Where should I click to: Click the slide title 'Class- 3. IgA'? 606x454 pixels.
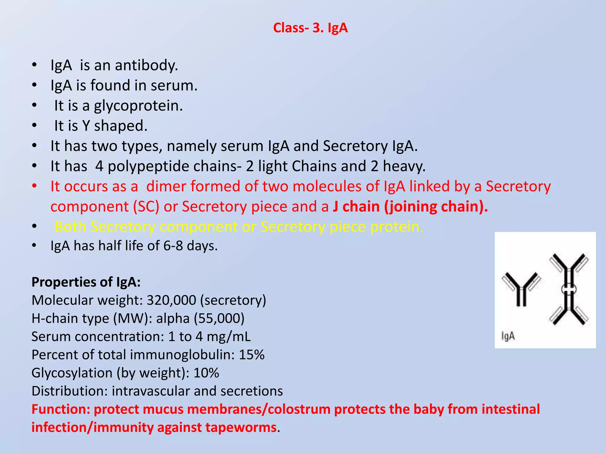310,28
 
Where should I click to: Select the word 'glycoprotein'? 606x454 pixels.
138,106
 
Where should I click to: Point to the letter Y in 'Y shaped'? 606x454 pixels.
86,126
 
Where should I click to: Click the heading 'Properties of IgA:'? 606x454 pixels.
86,282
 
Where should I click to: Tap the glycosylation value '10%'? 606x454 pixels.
206,373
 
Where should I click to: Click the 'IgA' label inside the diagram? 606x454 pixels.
508,336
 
